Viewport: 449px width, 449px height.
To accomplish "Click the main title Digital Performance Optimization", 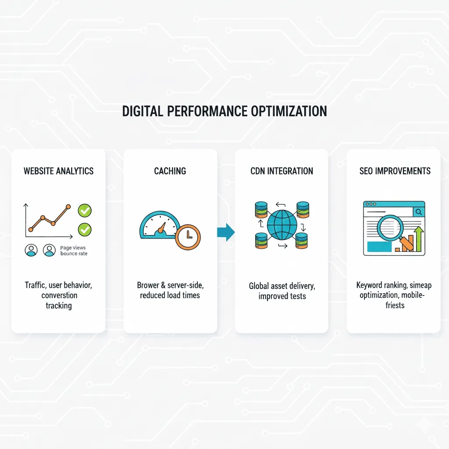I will point(224,111).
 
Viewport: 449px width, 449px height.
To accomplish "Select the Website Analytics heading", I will point(58,171).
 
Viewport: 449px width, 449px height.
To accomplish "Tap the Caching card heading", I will point(170,171).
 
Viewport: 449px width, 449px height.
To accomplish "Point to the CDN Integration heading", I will point(282,171).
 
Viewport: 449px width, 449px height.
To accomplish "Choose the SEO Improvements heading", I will point(395,171).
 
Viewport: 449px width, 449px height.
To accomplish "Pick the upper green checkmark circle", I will point(84,211).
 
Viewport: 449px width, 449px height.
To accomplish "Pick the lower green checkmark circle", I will point(84,229).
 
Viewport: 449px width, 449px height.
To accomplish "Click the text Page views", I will point(72,248).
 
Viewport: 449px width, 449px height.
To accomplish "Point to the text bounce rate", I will point(74,253).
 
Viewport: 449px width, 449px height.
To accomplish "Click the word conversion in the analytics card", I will point(59,295).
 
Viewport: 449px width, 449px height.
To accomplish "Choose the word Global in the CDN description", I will point(259,286).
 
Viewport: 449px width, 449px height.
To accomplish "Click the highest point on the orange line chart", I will point(68,206).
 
